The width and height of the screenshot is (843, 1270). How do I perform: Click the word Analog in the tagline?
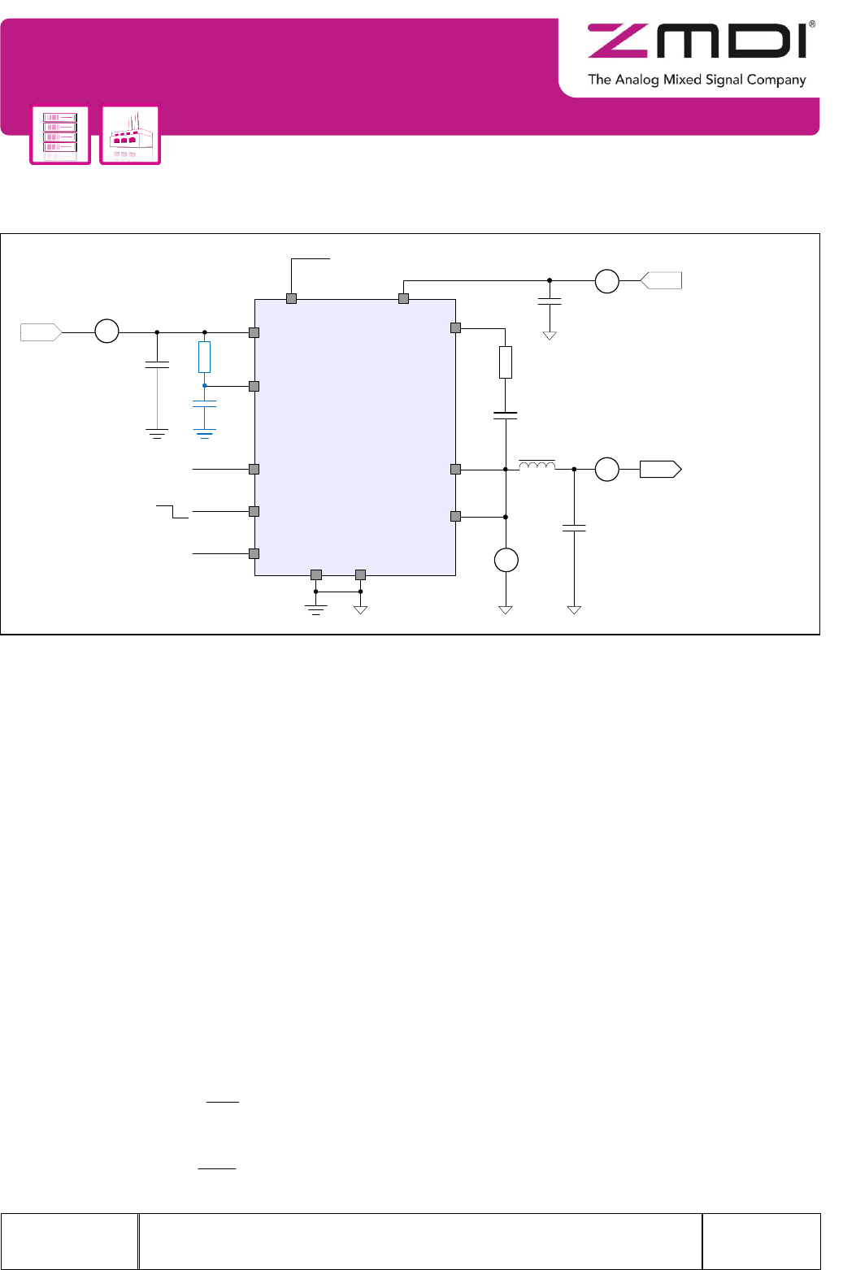[637, 80]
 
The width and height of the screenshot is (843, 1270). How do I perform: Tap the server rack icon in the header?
[60, 134]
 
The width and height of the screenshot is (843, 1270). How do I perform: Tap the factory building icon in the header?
[130, 134]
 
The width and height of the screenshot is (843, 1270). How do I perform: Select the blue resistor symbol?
[204, 358]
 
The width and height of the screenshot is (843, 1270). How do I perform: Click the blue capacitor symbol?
[204, 404]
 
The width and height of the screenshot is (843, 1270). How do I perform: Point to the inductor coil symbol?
[537, 466]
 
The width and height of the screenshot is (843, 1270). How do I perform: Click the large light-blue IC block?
[355, 437]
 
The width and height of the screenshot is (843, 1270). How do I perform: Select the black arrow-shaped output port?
[660, 470]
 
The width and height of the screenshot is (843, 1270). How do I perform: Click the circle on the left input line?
[106, 331]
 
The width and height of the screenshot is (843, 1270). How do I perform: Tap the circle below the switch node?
[506, 560]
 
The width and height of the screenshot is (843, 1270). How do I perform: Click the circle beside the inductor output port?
[607, 470]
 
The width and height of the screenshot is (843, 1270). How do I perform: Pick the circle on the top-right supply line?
[607, 281]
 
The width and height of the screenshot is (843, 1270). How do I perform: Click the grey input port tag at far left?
[41, 332]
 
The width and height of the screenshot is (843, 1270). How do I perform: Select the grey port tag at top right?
[661, 280]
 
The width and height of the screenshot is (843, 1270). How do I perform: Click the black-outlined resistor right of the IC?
[506, 362]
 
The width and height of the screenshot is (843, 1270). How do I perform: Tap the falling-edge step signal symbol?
[172, 511]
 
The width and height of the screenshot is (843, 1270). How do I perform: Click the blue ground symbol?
[204, 434]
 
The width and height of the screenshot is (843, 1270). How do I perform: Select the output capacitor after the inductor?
[574, 528]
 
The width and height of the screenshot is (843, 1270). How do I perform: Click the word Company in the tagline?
[776, 80]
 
